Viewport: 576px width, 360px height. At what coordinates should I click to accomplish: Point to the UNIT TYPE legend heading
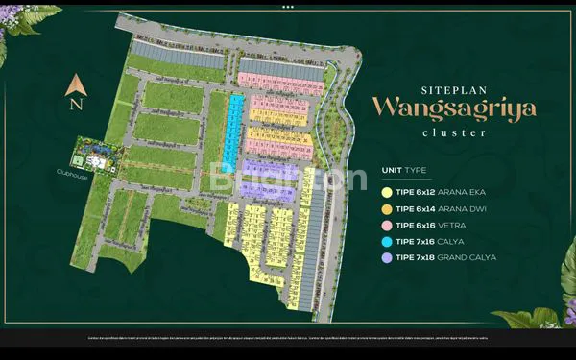coord(403,170)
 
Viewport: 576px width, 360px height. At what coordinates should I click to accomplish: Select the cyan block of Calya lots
coord(231,129)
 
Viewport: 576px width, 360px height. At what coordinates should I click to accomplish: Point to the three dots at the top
coord(287,6)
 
